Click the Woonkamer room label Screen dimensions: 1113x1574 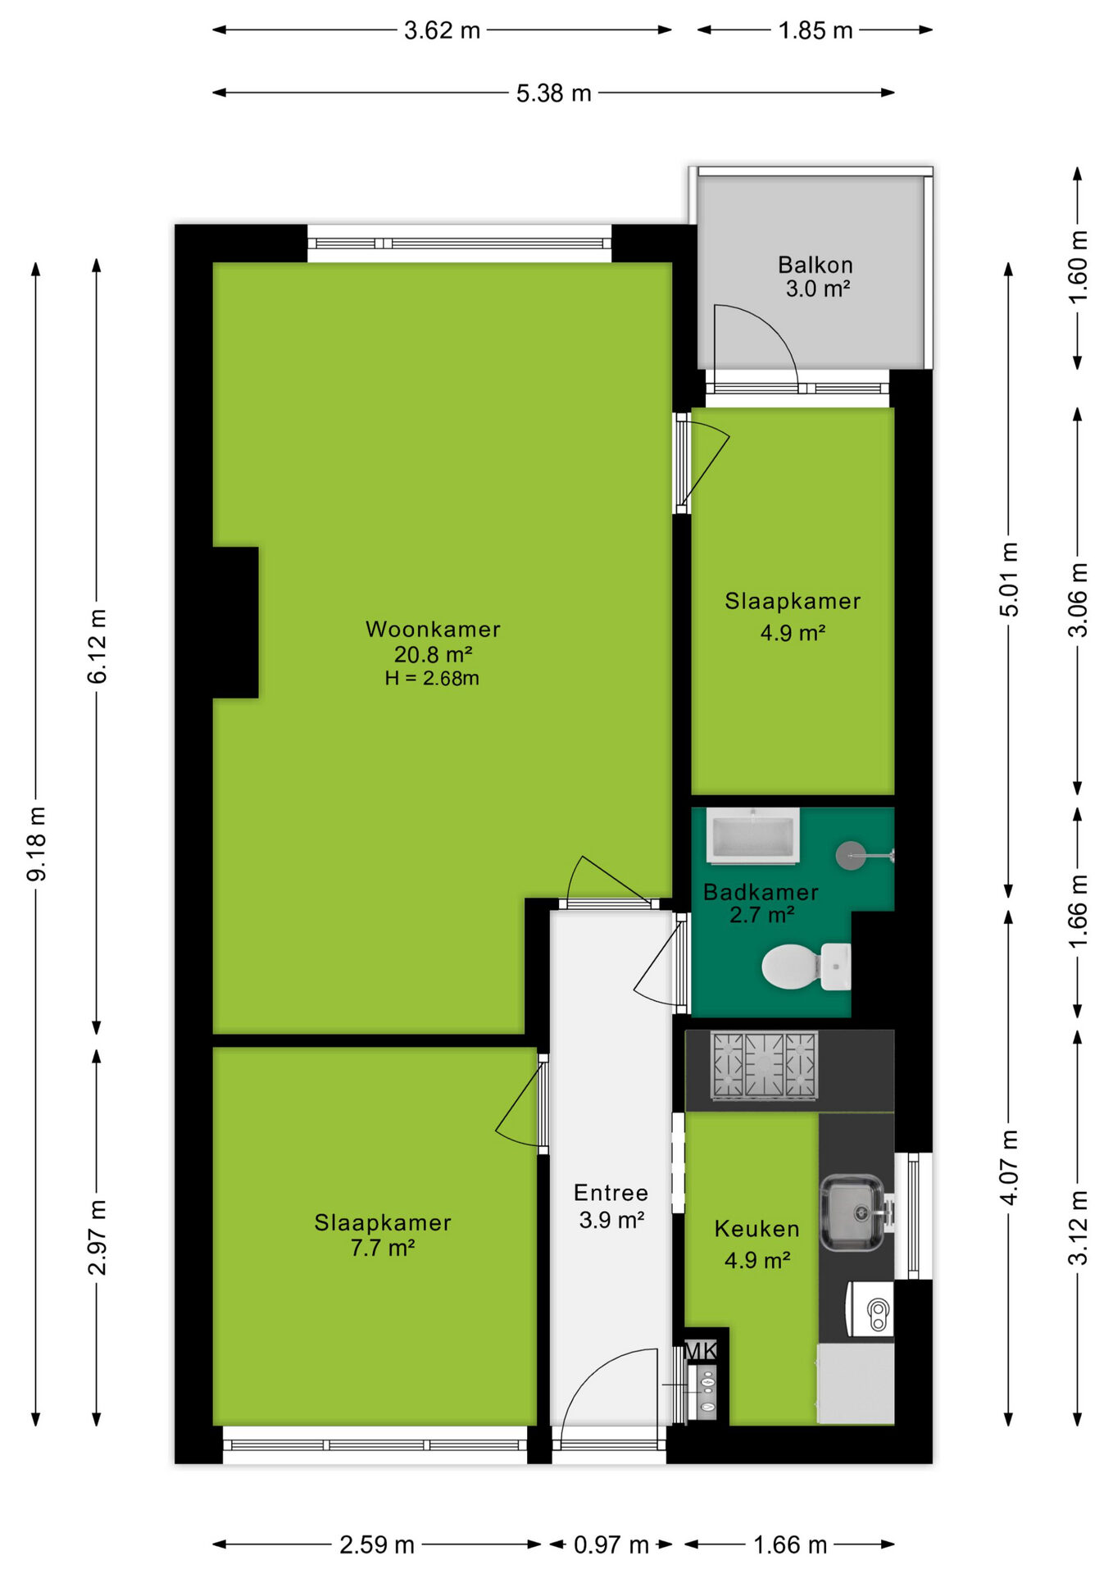click(433, 629)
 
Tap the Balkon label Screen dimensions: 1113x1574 click(815, 265)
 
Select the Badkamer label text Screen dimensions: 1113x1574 click(761, 892)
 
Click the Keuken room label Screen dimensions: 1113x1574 click(756, 1229)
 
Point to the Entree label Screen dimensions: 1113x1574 click(611, 1193)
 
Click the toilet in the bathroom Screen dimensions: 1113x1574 click(806, 967)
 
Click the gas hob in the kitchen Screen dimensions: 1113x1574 click(764, 1065)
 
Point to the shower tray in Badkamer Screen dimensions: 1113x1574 click(752, 835)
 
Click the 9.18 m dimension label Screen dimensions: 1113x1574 click(37, 844)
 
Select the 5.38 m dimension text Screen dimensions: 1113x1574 click(553, 93)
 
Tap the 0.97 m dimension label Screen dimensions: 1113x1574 click(611, 1545)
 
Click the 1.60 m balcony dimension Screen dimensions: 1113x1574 click(1079, 267)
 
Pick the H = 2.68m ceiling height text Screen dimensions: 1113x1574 click(432, 679)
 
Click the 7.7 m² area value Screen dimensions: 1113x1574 click(382, 1249)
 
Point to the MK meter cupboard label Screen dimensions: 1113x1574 click(701, 1350)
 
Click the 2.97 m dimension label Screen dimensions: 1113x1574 click(98, 1238)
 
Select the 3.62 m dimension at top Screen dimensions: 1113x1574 click(442, 30)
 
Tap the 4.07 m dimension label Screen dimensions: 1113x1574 click(1010, 1167)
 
